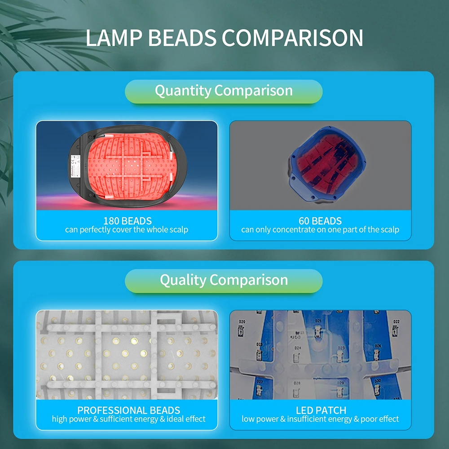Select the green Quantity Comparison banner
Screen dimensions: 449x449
coord(224,91)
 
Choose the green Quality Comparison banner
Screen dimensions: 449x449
coord(224,280)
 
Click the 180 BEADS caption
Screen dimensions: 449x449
coord(127,221)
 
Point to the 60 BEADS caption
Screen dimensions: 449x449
coord(320,221)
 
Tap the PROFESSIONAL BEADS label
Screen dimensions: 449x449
coord(129,410)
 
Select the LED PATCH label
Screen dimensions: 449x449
coord(321,410)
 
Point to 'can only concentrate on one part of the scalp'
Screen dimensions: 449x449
coord(320,230)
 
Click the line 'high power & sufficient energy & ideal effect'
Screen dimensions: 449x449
coord(129,419)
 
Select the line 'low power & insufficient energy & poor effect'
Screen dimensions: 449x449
coord(320,419)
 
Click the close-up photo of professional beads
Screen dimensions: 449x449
coord(127,355)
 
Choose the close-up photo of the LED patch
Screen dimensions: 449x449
coord(320,355)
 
